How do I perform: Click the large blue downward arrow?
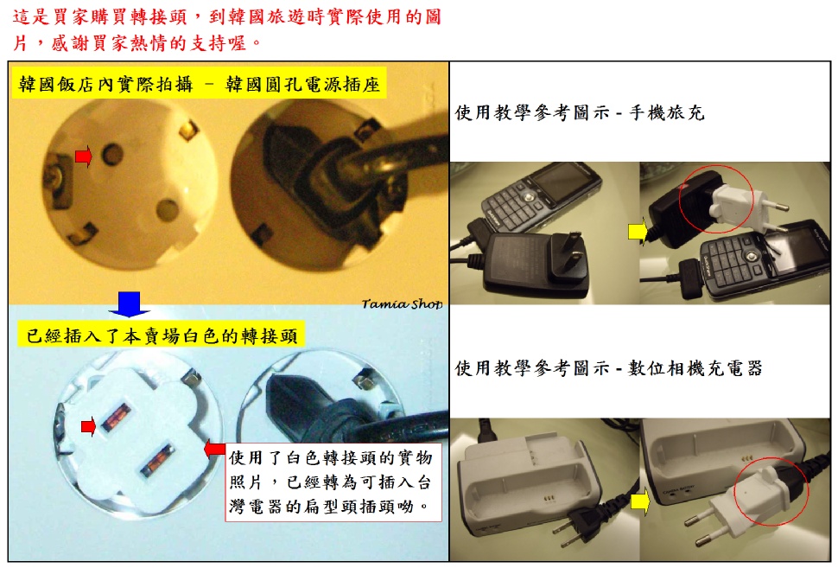point(129,303)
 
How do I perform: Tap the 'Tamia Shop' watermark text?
point(402,303)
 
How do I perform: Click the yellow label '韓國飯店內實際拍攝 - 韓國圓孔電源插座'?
point(199,84)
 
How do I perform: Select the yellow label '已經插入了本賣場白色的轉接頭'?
point(162,335)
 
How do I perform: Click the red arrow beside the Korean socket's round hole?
point(84,156)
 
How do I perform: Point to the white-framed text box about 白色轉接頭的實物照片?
point(333,482)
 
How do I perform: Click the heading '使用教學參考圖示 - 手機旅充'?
point(580,113)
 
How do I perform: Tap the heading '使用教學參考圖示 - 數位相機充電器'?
point(608,368)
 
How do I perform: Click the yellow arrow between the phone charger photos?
point(638,232)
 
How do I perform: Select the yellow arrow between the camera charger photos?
point(639,502)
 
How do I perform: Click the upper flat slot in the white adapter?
point(117,418)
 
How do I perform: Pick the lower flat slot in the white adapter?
point(157,459)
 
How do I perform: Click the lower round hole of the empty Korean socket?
point(168,209)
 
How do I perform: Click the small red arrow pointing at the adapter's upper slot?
point(88,426)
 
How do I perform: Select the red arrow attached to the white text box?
point(215,448)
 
